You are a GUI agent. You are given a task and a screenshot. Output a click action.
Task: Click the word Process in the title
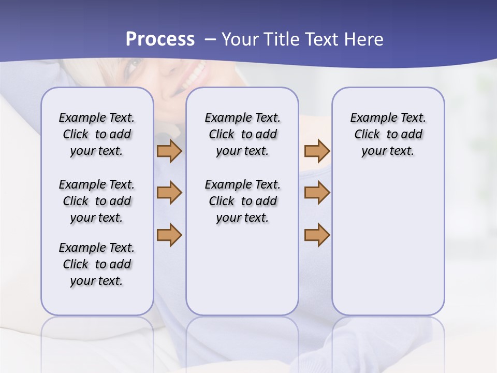coord(160,39)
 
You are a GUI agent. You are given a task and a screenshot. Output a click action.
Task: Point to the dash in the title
coord(210,39)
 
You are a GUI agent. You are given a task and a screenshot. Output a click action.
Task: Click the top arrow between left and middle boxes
coord(169,151)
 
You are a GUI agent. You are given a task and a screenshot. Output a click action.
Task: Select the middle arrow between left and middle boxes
coord(169,193)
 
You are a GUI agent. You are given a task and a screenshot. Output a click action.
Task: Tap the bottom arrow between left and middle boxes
coord(169,235)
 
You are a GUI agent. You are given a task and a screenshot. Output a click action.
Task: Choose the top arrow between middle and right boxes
coord(317,151)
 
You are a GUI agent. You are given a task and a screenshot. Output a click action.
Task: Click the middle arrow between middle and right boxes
coord(317,193)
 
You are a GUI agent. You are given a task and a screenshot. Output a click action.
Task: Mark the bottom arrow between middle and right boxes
coord(317,235)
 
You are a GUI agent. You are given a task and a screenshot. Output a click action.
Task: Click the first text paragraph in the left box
coord(97,134)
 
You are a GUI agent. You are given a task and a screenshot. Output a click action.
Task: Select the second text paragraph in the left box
coord(97,201)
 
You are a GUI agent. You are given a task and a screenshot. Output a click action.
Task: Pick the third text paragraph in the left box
coord(97,264)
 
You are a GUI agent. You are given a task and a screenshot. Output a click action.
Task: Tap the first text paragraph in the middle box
coord(242,134)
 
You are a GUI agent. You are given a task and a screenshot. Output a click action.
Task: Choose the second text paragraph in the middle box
coord(242,201)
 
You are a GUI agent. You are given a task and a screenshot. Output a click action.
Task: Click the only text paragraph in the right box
coord(388,134)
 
